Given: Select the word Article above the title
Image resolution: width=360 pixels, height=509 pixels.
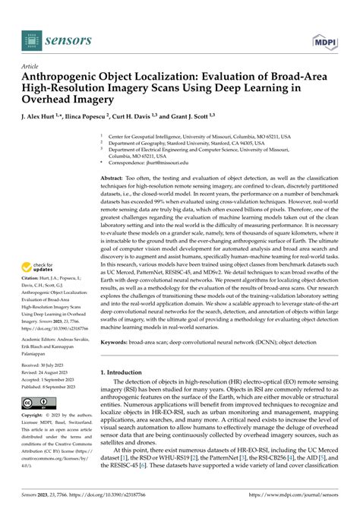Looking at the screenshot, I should coord(31,67).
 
